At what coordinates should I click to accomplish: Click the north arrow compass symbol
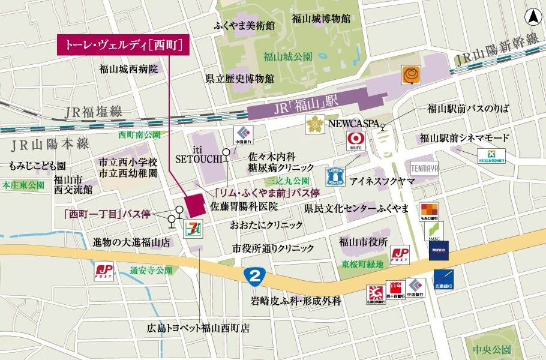[532, 18]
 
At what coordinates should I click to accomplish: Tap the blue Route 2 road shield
[254, 277]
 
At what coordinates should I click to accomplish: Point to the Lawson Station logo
[337, 176]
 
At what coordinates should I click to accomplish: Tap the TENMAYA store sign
[425, 167]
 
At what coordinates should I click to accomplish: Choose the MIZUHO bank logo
[439, 250]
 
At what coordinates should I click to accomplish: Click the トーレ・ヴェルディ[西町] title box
[119, 45]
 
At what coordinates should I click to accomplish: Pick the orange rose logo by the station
[411, 74]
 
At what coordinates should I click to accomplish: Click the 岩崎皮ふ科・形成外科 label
[296, 301]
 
